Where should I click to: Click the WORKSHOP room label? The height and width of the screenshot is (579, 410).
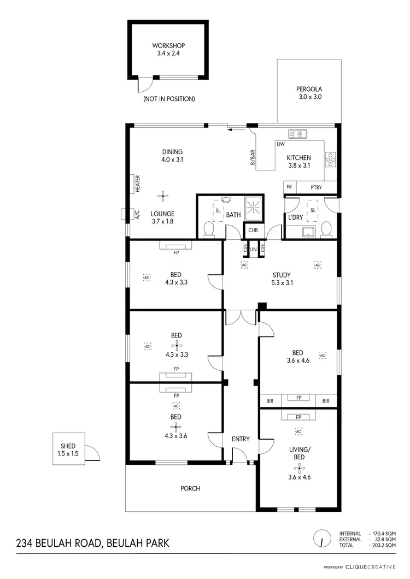[168, 45]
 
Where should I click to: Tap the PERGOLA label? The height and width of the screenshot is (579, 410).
[309, 89]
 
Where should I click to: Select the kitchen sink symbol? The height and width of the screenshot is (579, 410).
[299, 133]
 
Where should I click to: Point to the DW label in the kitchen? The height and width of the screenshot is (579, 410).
[280, 145]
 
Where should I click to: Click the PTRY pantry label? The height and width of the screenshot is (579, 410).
[316, 188]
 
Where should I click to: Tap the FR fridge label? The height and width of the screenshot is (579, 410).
[289, 188]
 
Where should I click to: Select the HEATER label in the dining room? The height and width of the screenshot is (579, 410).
[138, 184]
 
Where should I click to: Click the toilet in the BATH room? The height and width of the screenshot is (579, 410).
[208, 230]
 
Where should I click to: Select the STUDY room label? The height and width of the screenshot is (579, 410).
[282, 275]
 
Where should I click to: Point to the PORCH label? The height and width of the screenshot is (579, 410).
[190, 488]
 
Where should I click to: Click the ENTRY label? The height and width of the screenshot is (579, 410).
[241, 439]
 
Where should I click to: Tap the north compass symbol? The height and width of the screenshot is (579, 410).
[323, 538]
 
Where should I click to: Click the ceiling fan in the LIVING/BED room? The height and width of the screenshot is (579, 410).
[298, 467]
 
